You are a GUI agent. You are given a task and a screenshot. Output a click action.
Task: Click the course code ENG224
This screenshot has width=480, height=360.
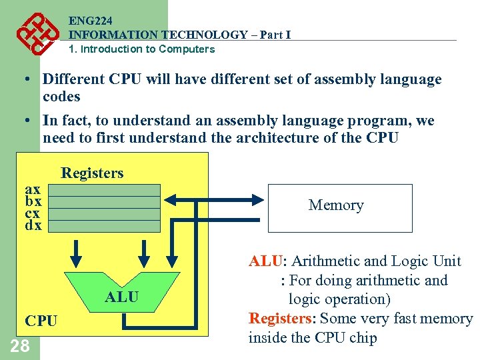[89, 21]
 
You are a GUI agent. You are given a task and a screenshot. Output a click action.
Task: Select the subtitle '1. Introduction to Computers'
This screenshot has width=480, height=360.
[142, 49]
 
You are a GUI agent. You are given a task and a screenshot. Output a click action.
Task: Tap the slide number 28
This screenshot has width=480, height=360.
[20, 345]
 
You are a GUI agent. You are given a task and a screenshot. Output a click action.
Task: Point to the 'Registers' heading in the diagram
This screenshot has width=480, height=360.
[92, 173]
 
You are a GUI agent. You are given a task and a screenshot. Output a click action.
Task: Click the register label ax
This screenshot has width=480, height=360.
[33, 189]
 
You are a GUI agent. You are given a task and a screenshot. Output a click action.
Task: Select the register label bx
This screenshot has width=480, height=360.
[33, 201]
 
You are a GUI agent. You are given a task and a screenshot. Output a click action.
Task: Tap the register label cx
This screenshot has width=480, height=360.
[33, 213]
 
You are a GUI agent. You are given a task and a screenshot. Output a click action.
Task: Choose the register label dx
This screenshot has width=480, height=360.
[33, 225]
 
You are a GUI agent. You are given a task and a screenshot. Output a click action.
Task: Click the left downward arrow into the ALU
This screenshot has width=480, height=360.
[77, 252]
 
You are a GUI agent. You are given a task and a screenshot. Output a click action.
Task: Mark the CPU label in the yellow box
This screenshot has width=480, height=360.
[41, 321]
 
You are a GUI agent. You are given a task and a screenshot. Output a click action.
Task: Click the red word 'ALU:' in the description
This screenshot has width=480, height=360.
[267, 261]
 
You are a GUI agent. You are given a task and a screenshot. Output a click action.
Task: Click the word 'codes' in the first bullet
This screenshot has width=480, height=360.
[61, 97]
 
